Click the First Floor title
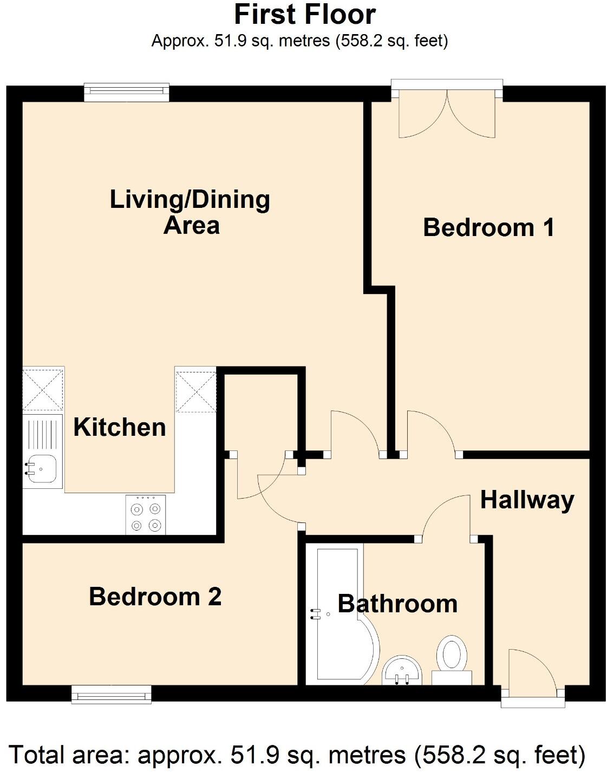pyautogui.click(x=304, y=15)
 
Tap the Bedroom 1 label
pyautogui.click(x=488, y=227)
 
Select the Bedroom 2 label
pyautogui.click(x=155, y=597)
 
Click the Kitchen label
pyautogui.click(x=120, y=427)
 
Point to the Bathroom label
pyautogui.click(x=397, y=604)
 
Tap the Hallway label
pyautogui.click(x=527, y=500)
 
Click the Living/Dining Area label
pyautogui.click(x=190, y=212)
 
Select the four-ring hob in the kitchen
pyautogui.click(x=146, y=515)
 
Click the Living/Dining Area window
pyautogui.click(x=127, y=92)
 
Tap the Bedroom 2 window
pyautogui.click(x=112, y=694)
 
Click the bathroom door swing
pyautogui.click(x=444, y=517)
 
